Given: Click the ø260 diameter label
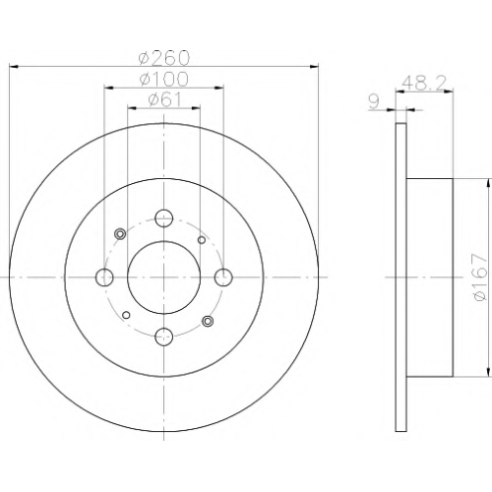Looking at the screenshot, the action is (x=164, y=58).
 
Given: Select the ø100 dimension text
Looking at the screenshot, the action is (x=164, y=79).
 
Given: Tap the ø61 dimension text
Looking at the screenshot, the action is (x=164, y=99).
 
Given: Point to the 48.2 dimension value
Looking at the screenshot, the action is (x=424, y=83).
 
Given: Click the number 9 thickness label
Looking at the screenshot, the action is (x=374, y=102).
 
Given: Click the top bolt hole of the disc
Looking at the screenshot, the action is (x=163, y=218).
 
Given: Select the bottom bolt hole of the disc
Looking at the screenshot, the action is (x=163, y=337).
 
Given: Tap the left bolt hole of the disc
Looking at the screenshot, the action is (x=104, y=277).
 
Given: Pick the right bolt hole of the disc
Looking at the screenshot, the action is (x=223, y=277).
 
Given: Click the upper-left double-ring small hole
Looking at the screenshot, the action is (x=120, y=234).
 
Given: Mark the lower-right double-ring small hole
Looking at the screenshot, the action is (x=208, y=321).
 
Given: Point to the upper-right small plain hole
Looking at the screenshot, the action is (x=202, y=240).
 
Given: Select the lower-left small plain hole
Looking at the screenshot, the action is (x=126, y=315).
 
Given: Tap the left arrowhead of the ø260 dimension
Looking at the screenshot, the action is (x=13, y=67).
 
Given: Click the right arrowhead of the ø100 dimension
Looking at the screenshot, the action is (x=219, y=88).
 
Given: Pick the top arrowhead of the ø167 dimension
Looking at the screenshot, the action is (x=489, y=183).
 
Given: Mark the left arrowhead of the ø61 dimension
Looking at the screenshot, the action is (x=132, y=108).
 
